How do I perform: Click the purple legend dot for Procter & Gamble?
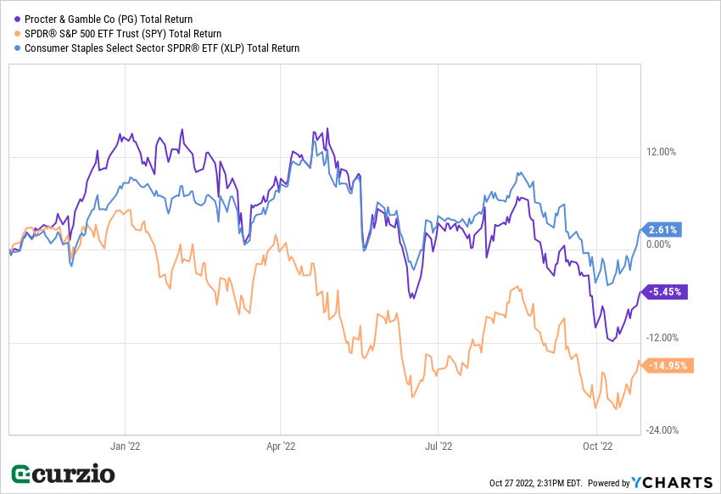point(16,19)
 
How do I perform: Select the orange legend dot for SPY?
point(16,34)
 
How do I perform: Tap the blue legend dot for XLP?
point(16,48)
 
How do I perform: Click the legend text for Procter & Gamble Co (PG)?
point(108,19)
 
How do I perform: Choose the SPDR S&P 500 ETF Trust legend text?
point(122,34)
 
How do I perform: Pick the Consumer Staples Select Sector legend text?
point(161,48)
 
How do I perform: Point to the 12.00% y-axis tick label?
point(662,152)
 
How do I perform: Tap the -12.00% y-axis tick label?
point(662,337)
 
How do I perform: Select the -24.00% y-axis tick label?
point(662,429)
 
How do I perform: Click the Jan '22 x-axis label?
point(125,445)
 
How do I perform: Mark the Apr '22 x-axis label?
point(280,445)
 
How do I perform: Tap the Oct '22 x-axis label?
point(598,445)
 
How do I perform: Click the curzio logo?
point(63,474)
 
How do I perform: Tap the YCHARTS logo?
point(673,482)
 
